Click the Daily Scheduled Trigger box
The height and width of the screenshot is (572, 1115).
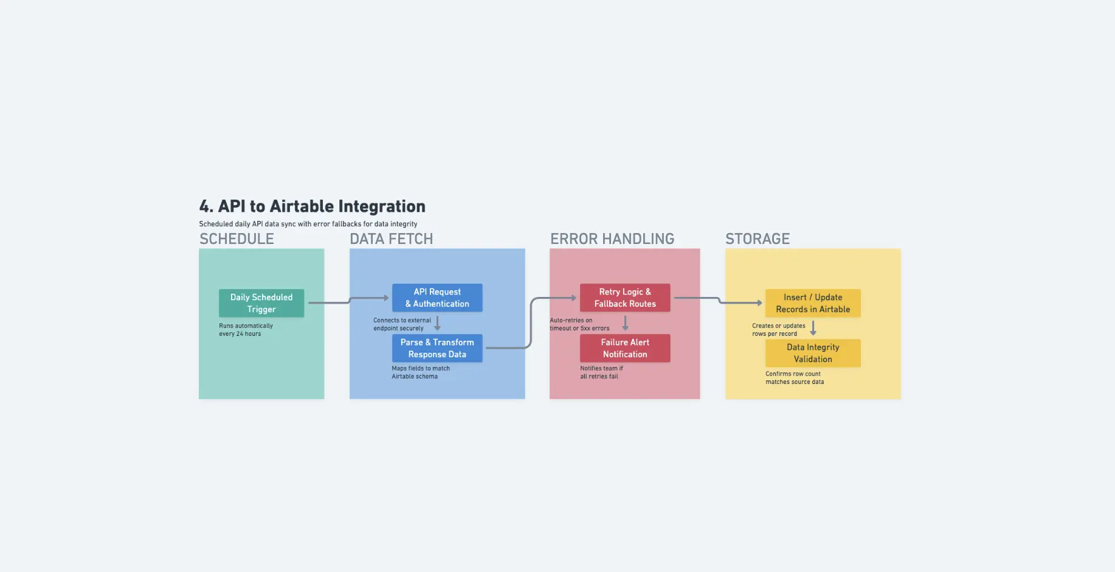click(x=261, y=303)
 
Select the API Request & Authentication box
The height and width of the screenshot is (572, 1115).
click(x=437, y=298)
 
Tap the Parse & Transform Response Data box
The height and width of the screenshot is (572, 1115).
click(x=437, y=348)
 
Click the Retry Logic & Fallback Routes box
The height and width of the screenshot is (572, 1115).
click(x=625, y=298)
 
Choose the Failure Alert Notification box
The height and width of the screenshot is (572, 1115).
click(x=625, y=348)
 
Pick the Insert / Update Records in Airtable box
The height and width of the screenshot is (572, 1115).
click(x=813, y=303)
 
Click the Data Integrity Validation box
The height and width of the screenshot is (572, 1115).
click(x=813, y=353)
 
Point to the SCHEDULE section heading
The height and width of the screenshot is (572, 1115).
click(x=236, y=239)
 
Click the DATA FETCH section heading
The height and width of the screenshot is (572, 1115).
click(x=391, y=239)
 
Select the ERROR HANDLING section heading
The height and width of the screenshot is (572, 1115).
click(x=612, y=239)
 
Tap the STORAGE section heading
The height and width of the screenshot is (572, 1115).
click(x=758, y=239)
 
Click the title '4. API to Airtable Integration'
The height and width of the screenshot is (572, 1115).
click(x=312, y=206)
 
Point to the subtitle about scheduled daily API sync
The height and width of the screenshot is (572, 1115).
click(x=308, y=224)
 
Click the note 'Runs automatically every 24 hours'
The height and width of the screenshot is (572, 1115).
click(x=246, y=330)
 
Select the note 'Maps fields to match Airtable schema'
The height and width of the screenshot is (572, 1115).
click(x=421, y=372)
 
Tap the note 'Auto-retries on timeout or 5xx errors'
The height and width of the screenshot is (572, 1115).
click(x=579, y=324)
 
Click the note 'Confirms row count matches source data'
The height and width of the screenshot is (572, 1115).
click(x=794, y=378)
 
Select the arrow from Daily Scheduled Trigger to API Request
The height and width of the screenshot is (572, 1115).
click(x=348, y=301)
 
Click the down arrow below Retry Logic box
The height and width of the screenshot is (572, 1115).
click(x=625, y=323)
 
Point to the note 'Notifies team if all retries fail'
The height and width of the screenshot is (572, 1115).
click(x=601, y=372)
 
